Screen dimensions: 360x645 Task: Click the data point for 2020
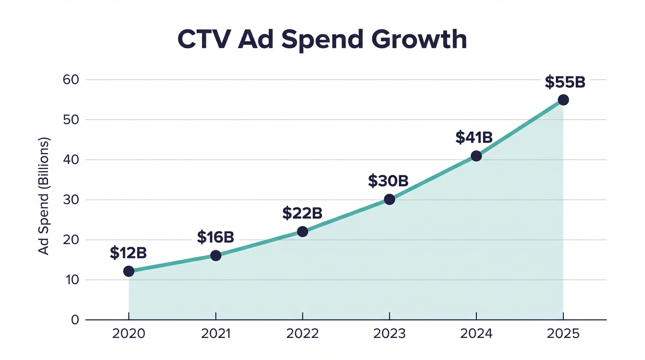pos(128,271)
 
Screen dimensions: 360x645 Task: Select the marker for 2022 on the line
pos(302,232)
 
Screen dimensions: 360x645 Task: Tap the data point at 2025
pos(563,100)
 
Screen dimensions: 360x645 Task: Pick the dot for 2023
pos(389,199)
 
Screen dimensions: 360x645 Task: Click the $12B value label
pos(128,253)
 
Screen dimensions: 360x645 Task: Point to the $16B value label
pos(215,237)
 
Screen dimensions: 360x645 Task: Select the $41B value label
pos(474,137)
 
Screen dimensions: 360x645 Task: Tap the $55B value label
pos(565,82)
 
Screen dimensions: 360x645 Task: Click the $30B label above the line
pos(388,181)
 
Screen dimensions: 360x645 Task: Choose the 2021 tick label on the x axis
pos(215,334)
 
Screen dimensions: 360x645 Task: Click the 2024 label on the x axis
pos(476,334)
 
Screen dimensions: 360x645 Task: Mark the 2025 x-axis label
pos(563,334)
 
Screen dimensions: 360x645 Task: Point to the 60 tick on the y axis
pos(70,80)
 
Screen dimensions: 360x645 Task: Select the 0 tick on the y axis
pos(75,320)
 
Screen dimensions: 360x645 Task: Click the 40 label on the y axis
pos(70,160)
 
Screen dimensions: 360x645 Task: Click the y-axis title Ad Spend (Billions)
pos(44,196)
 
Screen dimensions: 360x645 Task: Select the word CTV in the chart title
pos(204,40)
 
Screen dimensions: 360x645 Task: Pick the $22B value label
pos(302,213)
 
